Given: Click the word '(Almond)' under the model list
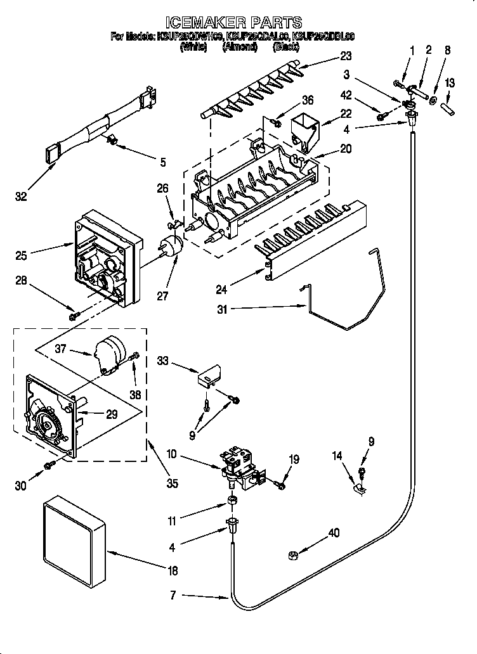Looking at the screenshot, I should [x=239, y=46].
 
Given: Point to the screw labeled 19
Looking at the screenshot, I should [x=281, y=485].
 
